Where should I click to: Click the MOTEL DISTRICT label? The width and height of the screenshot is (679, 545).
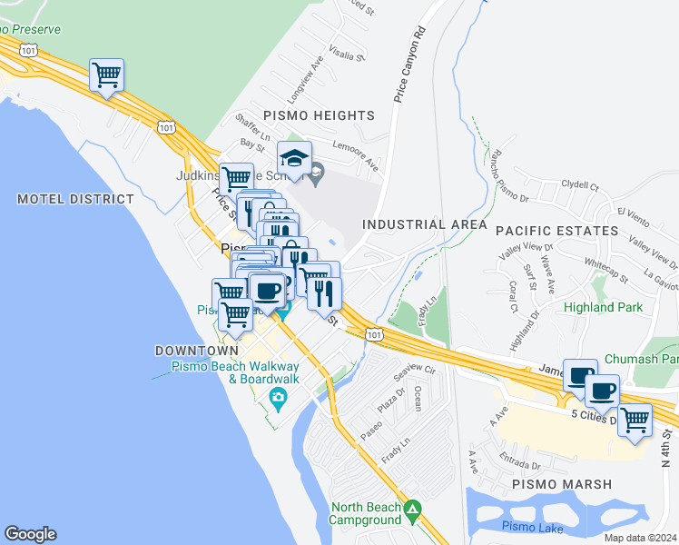pyautogui.click(x=75, y=199)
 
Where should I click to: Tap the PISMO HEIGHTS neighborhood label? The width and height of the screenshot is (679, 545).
pyautogui.click(x=319, y=115)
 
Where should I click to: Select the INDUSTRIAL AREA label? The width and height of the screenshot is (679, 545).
pyautogui.click(x=425, y=224)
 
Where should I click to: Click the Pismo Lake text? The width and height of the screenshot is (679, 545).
pyautogui.click(x=532, y=528)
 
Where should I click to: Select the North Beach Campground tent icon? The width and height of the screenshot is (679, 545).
pyautogui.click(x=413, y=509)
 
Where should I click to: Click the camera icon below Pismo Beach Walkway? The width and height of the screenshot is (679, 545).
pyautogui.click(x=278, y=397)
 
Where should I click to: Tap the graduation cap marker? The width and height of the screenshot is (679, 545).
pyautogui.click(x=294, y=159)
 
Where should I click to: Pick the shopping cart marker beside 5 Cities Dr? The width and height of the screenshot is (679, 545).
pyautogui.click(x=635, y=421)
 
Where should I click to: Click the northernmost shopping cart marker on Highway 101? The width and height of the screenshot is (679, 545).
pyautogui.click(x=106, y=75)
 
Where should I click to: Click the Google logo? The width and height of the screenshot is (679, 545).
pyautogui.click(x=30, y=534)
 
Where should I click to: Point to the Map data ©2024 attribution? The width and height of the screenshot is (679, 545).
pyautogui.click(x=640, y=538)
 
